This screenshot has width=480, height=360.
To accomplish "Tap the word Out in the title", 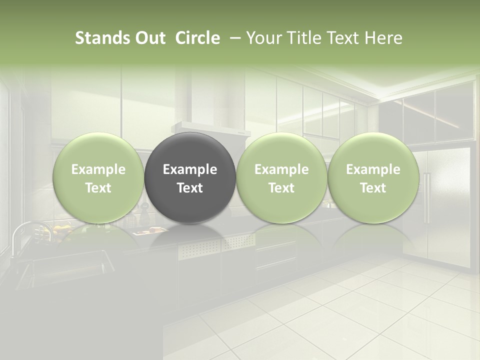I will point(149,38).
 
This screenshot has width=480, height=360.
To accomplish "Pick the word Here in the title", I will point(383,38).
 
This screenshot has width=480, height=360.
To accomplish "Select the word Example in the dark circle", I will point(190,169).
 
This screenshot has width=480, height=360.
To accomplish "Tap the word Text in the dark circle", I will point(190,188).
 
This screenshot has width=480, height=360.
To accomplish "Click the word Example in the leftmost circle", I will point(98,169).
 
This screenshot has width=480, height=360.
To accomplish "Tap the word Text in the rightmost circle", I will point(373,188).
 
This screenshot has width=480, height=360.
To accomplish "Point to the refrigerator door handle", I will point(426,197).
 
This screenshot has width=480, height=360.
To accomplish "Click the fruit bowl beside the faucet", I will point(60,230).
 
